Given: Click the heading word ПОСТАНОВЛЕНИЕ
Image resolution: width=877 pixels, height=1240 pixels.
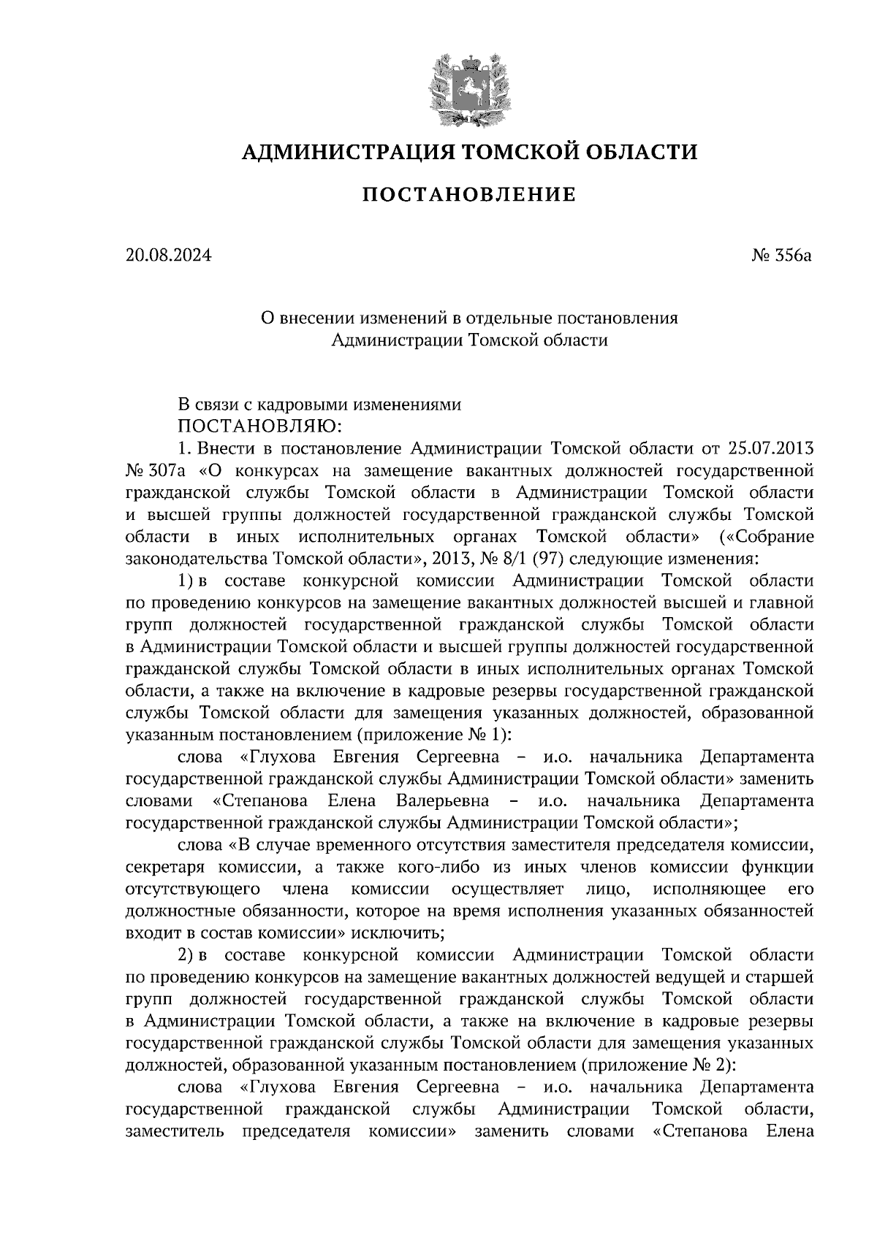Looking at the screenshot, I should (469, 195).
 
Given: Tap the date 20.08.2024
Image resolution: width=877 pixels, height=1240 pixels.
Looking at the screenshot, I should (168, 256).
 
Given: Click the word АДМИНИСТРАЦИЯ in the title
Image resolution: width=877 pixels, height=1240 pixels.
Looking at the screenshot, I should (339, 152).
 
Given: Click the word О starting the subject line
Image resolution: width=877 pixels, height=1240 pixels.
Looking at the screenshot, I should (267, 318).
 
